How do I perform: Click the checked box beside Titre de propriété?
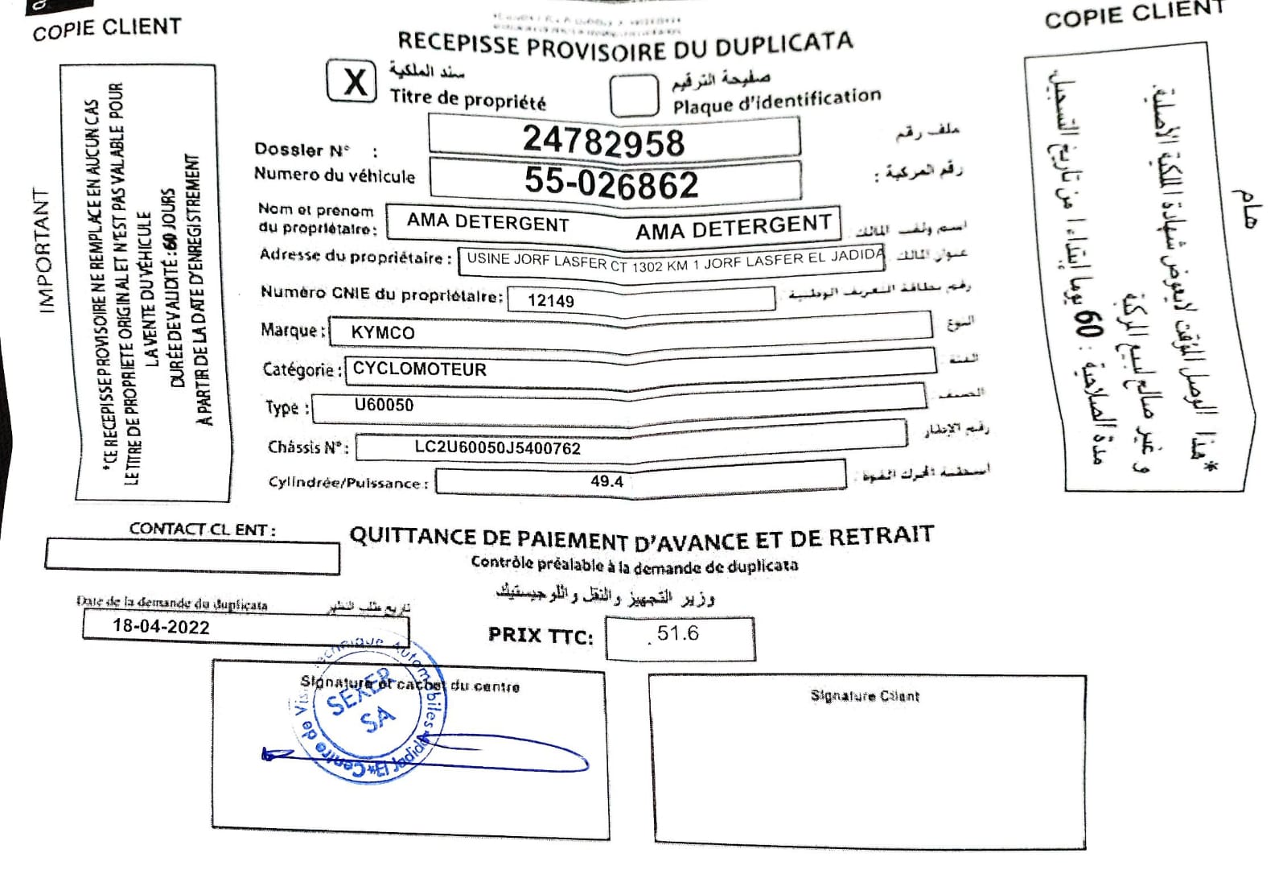[352, 81]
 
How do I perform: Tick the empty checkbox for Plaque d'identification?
[633, 96]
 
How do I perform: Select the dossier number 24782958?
[603, 141]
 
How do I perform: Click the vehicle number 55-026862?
[611, 183]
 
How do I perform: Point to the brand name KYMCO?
[383, 332]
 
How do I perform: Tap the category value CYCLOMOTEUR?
[419, 369]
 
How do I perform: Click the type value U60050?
[384, 405]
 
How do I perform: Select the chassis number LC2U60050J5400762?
[497, 448]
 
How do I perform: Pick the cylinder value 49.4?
[606, 481]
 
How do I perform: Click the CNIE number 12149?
[551, 301]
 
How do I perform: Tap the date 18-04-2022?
[161, 627]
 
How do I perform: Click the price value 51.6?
[677, 634]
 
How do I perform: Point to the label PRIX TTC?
[541, 636]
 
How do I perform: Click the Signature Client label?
[865, 696]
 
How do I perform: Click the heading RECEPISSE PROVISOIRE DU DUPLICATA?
[625, 45]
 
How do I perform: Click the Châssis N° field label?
[308, 447]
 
